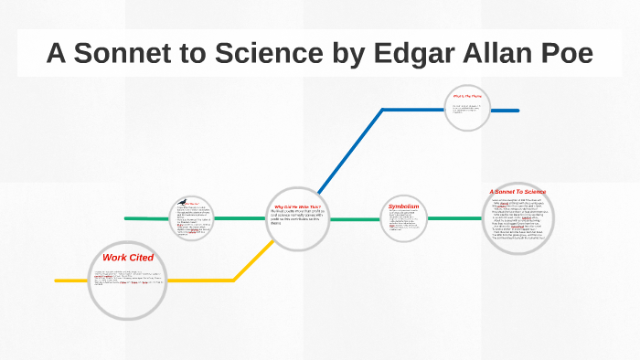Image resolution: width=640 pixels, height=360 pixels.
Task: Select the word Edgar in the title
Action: coord(411,54)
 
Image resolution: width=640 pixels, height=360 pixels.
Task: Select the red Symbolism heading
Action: coord(403,207)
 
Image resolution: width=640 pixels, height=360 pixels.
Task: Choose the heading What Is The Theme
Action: coord(467,96)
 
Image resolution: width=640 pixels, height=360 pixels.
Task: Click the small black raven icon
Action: coord(182,201)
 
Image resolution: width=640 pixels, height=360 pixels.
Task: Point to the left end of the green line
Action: coord(127,219)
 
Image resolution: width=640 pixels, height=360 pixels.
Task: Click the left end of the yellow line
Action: coord(58,281)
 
